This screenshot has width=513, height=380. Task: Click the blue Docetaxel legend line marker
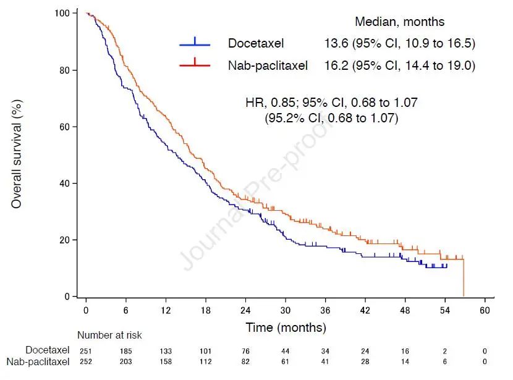click(195, 44)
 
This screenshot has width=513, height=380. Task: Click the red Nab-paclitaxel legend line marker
click(195, 64)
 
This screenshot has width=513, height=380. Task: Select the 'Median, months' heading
click(399, 22)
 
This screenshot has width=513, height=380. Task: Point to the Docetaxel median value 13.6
click(336, 44)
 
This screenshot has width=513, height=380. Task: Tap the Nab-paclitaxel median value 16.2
click(336, 65)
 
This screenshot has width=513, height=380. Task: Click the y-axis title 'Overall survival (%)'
click(17, 155)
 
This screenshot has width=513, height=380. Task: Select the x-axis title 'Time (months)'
click(286, 327)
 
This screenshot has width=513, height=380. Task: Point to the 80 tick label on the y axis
click(71, 70)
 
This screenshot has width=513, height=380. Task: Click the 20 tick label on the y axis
click(71, 240)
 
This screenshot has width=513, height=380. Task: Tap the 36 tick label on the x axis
click(326, 309)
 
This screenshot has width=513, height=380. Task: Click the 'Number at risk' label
click(109, 336)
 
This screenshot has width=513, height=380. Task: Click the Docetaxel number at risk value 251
click(86, 350)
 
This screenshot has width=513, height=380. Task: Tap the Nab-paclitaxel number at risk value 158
click(166, 361)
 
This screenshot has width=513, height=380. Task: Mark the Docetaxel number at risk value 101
click(206, 350)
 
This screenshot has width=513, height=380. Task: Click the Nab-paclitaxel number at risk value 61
click(286, 361)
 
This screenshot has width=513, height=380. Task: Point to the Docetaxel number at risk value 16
click(405, 350)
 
